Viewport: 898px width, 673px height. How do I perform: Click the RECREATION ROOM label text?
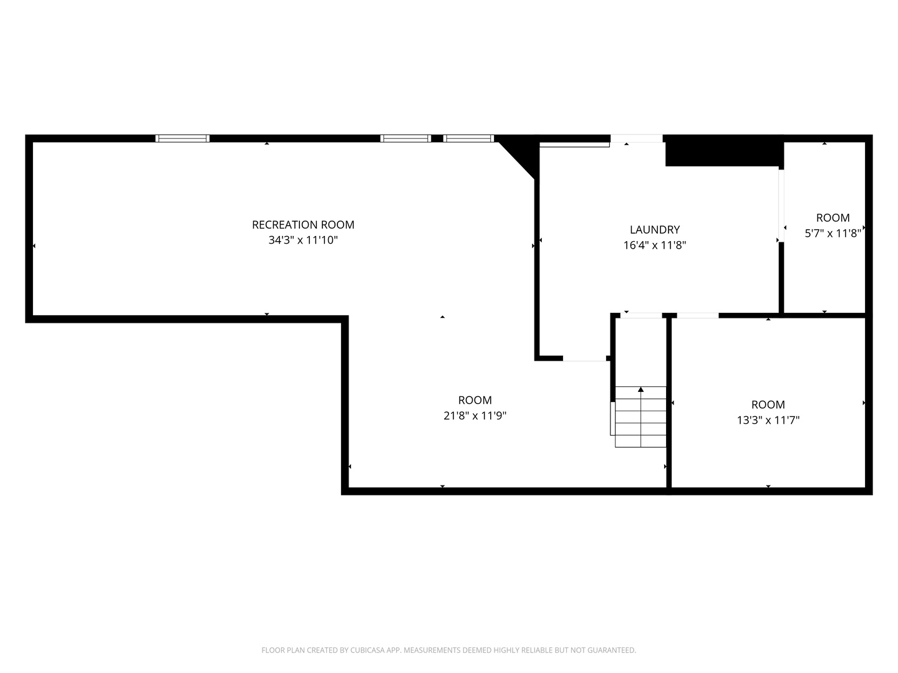pos(302,225)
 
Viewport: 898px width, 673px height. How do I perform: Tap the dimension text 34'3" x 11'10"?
pos(302,241)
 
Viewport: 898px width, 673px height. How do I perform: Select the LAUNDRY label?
pos(655,230)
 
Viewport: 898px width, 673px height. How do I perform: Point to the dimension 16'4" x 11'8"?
pos(655,245)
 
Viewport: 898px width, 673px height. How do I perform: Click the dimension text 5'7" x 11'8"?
pos(833,233)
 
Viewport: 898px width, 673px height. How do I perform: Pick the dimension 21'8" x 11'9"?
pos(475,416)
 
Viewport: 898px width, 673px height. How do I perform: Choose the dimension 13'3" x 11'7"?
pos(768,420)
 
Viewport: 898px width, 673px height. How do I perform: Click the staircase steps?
pos(640,417)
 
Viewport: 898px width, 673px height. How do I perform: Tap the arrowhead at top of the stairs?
pos(640,389)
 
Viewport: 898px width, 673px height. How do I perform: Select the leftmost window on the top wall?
pos(183,138)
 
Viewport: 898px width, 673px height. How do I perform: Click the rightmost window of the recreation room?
pos(468,138)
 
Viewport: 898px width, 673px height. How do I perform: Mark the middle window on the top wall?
pos(405,138)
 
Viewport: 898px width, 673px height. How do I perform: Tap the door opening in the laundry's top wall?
pos(637,138)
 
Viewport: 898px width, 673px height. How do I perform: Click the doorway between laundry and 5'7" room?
pos(781,206)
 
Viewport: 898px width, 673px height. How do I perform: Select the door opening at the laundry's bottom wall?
pos(584,358)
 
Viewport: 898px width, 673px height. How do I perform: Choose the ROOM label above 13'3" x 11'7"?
pos(768,404)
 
